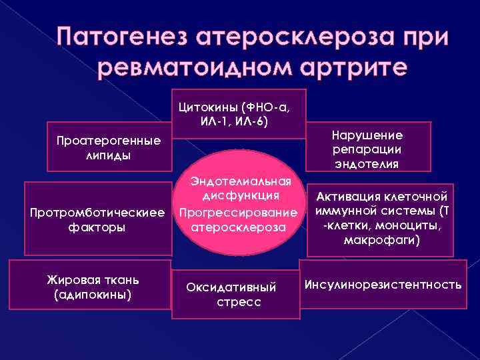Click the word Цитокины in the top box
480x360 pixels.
pos(209,108)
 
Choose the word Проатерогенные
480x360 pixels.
pos(109,142)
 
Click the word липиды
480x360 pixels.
pos(108,155)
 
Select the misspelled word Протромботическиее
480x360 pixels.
pos(97,213)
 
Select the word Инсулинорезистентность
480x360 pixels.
pos(383,285)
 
